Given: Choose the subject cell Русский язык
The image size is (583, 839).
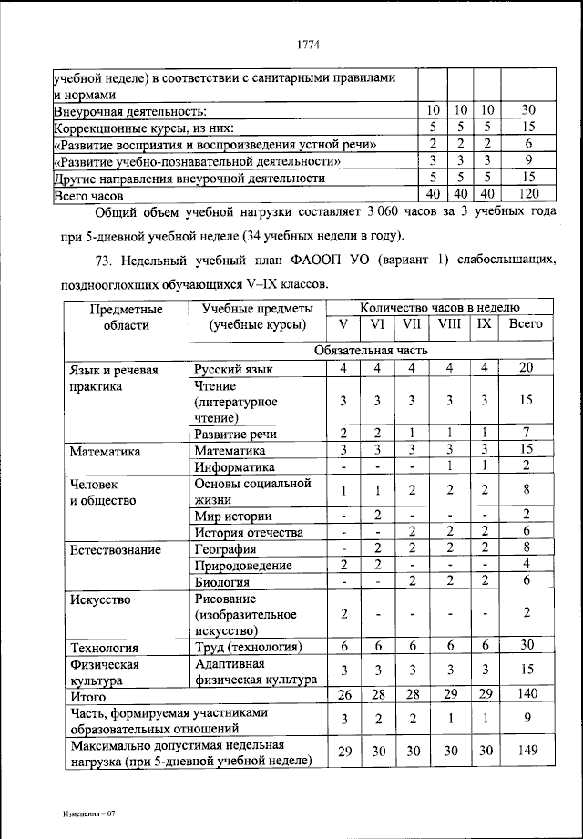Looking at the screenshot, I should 233,369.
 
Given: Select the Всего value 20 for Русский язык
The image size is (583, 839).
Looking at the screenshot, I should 525,368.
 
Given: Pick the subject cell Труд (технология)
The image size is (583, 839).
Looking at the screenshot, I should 248,648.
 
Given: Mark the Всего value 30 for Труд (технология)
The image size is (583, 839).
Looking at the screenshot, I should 525,647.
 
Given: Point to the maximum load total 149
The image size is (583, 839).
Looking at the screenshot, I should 525,751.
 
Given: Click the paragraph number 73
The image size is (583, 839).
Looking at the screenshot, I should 106,263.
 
